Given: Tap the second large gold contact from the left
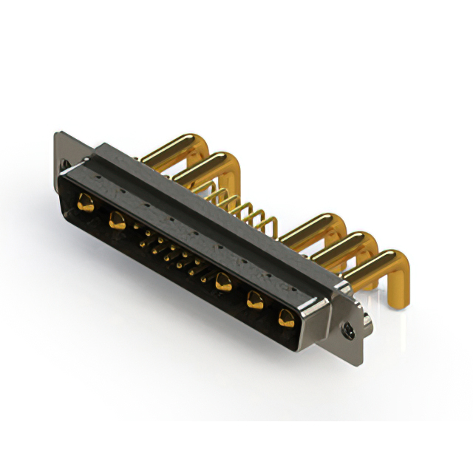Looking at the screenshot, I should pyautogui.click(x=117, y=220).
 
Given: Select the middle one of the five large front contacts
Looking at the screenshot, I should pyautogui.click(x=222, y=282).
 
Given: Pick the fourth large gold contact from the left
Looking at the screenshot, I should pyautogui.click(x=256, y=300).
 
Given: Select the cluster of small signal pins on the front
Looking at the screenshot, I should pyautogui.click(x=170, y=255).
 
